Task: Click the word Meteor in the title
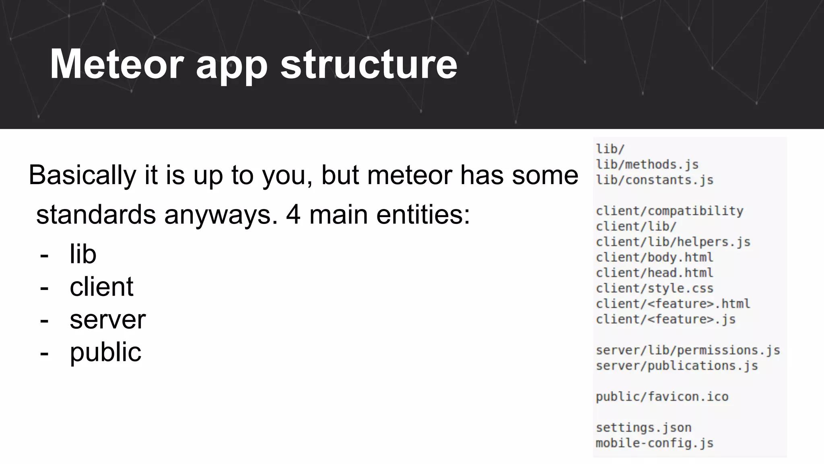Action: pos(117,64)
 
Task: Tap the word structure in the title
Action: pos(369,64)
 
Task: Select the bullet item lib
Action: pos(83,254)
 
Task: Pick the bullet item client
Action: pos(101,287)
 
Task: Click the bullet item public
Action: pos(105,352)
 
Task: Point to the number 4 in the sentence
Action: pos(293,214)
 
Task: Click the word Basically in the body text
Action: pos(82,175)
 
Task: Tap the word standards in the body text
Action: pos(96,214)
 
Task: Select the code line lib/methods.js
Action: pos(647,164)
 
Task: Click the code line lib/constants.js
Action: pos(655,180)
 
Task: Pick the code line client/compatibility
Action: pos(669,211)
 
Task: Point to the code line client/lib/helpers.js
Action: pos(673,242)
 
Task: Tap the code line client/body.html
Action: pos(655,257)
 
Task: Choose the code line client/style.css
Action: pos(655,288)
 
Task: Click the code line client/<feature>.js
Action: pos(665,319)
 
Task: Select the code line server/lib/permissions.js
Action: pos(688,350)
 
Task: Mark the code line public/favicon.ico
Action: pos(662,396)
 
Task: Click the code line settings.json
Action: pos(643,427)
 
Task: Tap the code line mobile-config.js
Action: pos(655,443)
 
